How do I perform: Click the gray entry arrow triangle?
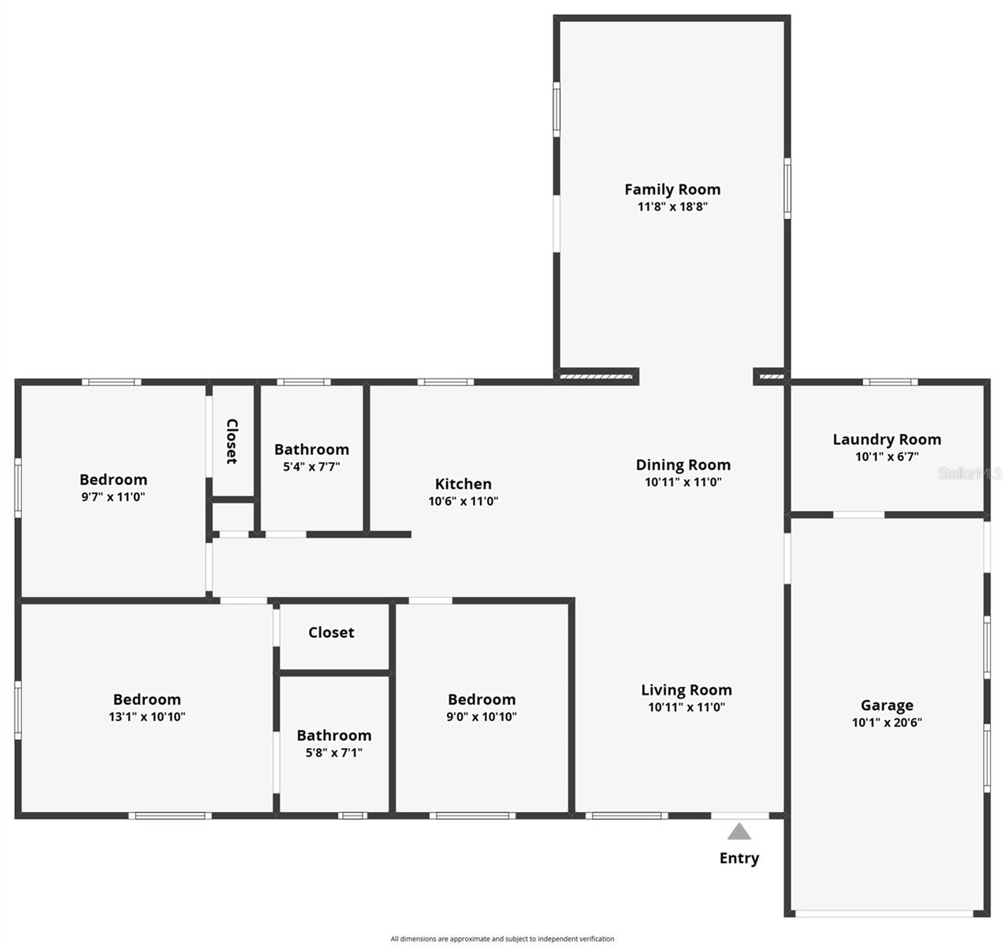point(739,832)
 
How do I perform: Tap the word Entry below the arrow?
point(739,858)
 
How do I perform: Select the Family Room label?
point(672,189)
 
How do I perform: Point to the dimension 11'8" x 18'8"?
point(672,207)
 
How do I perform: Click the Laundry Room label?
point(887,439)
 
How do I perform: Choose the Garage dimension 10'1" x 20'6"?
point(887,723)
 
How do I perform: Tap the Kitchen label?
point(463,484)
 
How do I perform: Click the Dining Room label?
point(683,465)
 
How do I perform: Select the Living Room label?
point(686,691)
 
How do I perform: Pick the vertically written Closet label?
point(233,441)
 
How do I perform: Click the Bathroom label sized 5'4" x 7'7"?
point(311,449)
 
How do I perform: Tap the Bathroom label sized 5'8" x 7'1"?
point(334,736)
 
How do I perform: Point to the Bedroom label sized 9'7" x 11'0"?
point(114,479)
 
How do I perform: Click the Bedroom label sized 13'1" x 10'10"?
point(147,699)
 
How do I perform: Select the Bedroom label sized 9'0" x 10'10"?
point(482,699)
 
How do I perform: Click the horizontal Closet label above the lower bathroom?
point(331,632)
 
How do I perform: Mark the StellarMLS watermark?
point(970,474)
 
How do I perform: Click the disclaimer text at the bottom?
point(502,939)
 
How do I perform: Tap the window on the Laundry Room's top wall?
point(890,382)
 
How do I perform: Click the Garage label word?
point(887,706)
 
